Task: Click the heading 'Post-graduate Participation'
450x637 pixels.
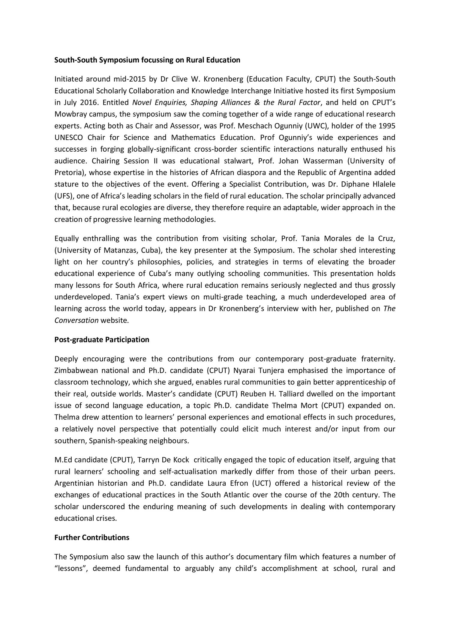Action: (102, 340)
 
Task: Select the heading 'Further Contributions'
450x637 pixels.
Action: (92, 538)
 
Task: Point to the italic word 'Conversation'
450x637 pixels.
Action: (76, 320)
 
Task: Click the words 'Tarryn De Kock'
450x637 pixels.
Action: (163, 460)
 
